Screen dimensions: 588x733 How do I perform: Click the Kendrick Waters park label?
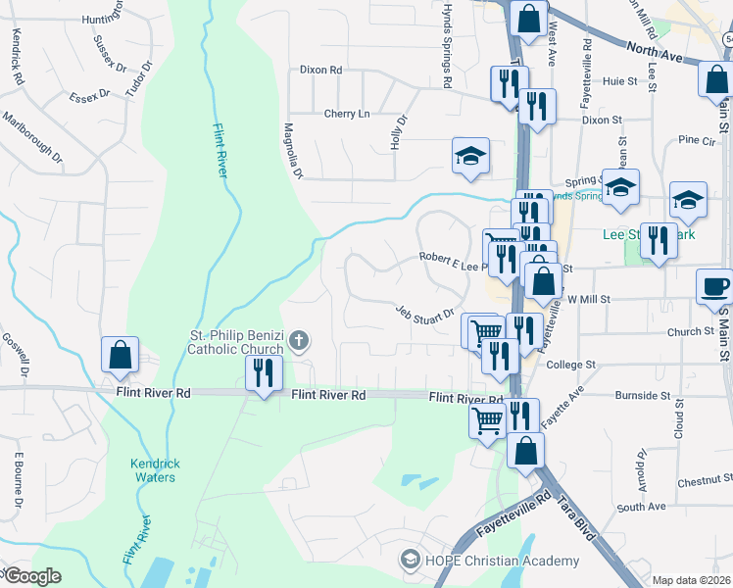(x=153, y=470)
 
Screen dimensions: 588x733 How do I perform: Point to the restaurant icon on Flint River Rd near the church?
(x=263, y=373)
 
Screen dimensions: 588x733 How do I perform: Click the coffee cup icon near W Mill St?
(x=714, y=286)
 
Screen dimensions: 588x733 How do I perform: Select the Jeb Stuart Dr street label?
(x=425, y=312)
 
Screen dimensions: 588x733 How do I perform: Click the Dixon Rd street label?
(x=320, y=71)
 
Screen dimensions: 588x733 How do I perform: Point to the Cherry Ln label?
(x=347, y=114)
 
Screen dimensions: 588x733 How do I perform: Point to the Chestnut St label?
(x=698, y=481)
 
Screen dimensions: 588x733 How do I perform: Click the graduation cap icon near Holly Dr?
(x=470, y=155)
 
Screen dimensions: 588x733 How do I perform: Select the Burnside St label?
(x=642, y=396)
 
